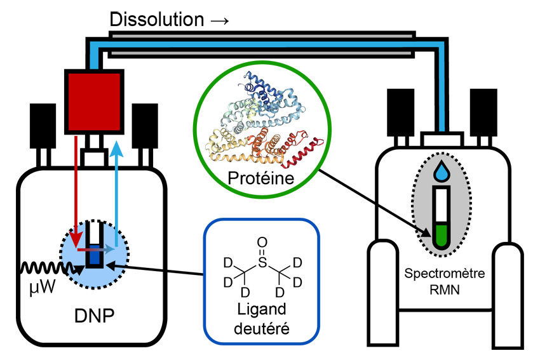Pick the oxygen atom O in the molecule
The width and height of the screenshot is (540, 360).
tap(261, 241)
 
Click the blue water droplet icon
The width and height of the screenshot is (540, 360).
tap(441, 170)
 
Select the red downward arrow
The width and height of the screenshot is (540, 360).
tap(77, 190)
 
